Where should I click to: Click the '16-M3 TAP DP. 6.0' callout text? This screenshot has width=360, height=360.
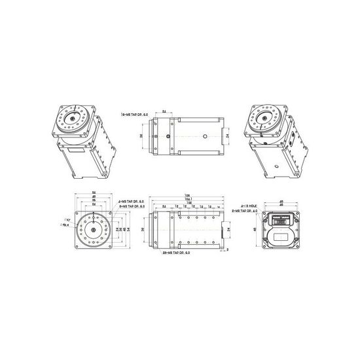[135, 115]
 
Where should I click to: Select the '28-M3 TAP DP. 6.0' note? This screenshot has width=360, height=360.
[175, 252]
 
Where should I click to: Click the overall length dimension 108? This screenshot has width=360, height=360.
[187, 195]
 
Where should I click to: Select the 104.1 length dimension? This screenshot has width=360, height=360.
[189, 199]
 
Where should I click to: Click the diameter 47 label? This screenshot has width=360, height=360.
[67, 220]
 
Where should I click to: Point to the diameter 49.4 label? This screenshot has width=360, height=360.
[65, 225]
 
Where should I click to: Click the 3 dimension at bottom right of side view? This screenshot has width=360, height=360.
[227, 249]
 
